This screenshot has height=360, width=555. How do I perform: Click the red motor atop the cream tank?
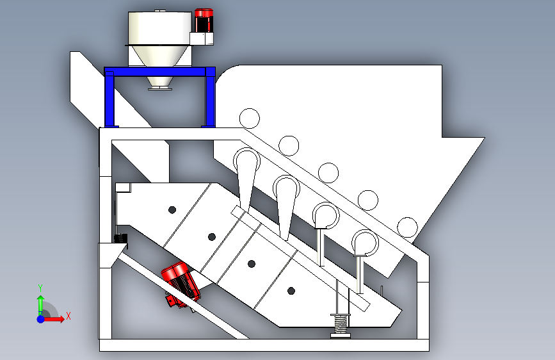coord(204,20)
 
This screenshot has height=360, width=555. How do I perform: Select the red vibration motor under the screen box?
coord(180,284)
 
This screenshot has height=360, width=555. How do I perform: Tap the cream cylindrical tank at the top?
coord(159,28)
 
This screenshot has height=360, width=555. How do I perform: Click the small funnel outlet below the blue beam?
coord(160,83)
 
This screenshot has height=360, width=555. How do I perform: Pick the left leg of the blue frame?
coord(109,99)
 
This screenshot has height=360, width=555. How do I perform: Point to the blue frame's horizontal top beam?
coord(159,72)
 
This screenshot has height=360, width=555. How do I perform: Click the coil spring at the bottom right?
coord(341,325)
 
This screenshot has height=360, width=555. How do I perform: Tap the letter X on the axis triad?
coord(68,316)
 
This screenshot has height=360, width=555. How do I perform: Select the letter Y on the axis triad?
coord(40,288)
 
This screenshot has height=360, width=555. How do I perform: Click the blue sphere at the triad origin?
coord(41,319)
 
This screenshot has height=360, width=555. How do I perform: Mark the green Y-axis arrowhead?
coord(41,299)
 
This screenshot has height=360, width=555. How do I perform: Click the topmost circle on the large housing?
coord(250,119)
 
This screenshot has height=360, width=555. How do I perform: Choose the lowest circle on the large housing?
coord(407,227)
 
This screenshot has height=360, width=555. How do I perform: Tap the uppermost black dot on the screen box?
coord(172,210)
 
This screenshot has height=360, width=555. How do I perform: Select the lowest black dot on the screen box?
coord(291,291)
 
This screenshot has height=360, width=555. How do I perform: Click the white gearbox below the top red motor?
coord(202,38)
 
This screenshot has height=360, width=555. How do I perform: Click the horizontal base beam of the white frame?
coord(264,345)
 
